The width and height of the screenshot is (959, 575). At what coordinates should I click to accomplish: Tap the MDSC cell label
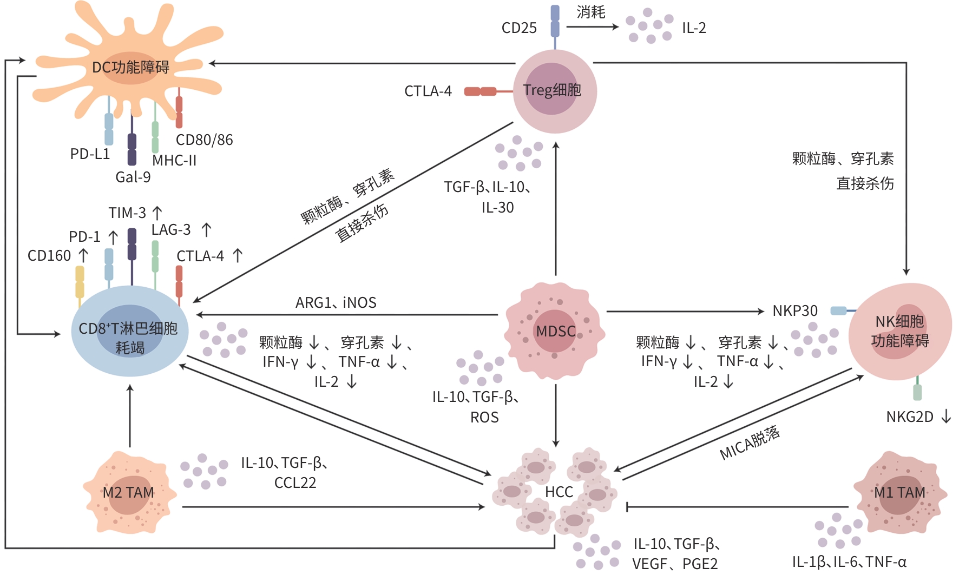[x=555, y=331]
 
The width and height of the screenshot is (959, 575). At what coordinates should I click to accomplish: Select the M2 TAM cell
[x=129, y=493]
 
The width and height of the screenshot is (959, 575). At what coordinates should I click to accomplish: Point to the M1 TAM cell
[x=899, y=493]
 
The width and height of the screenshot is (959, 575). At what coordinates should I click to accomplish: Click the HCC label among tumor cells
[x=559, y=492]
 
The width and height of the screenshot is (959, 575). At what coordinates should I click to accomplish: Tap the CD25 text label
[x=519, y=28]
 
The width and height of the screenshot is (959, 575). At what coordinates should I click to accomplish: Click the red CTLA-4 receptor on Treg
[x=481, y=91]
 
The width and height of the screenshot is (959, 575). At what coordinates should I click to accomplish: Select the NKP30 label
[x=794, y=311]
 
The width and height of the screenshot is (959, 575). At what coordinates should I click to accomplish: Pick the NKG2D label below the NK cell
[x=909, y=417]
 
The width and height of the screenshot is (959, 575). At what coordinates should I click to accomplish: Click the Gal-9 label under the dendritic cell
[x=133, y=177]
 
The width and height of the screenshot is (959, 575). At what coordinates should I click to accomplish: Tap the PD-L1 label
[x=90, y=154]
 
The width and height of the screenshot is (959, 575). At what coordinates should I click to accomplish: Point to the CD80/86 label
[x=204, y=140]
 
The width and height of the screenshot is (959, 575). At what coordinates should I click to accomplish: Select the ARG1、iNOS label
[x=336, y=303]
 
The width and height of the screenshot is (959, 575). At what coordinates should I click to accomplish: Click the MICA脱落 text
[x=750, y=443]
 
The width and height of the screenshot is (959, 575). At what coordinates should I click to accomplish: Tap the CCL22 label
[x=295, y=483]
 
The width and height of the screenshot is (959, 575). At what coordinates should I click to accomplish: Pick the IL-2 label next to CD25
[x=694, y=28]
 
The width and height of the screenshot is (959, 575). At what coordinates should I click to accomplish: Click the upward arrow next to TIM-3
[x=157, y=213]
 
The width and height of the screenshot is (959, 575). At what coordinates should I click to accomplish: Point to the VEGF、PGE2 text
[x=674, y=564]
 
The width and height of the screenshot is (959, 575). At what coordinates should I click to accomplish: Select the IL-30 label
[x=497, y=208]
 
